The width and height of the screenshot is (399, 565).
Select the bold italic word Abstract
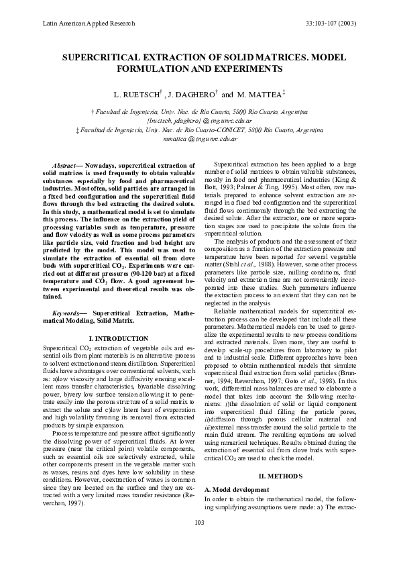(64, 165)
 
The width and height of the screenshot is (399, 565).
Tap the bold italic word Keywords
(66, 313)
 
